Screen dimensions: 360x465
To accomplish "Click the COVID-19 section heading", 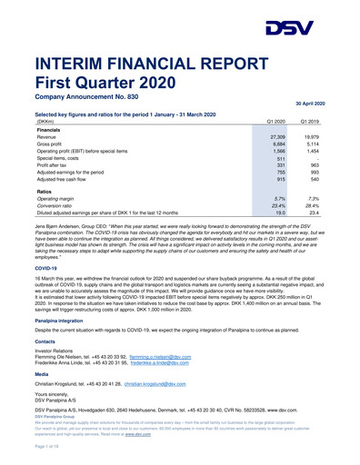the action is (x=45, y=243).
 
